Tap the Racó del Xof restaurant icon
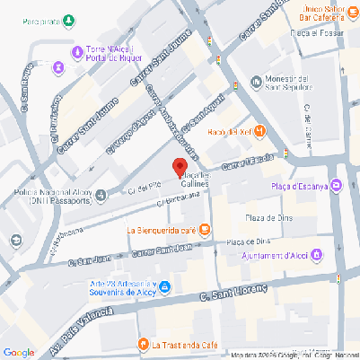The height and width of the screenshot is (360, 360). tap(260, 132)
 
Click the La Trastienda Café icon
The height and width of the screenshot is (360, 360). tap(142, 344)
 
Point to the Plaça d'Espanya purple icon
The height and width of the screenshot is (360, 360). tap(337, 187)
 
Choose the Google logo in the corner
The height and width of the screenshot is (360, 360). tap(19, 352)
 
